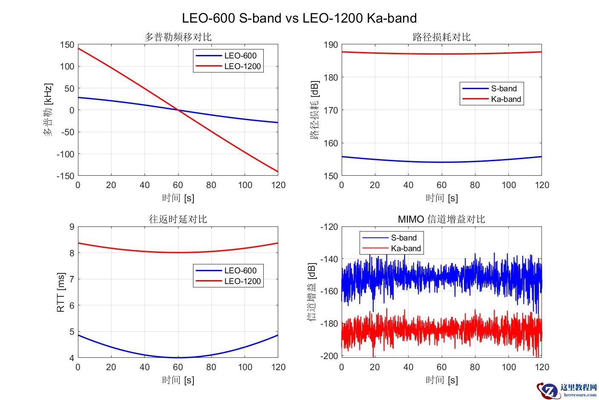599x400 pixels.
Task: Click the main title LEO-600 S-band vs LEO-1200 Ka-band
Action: point(299,18)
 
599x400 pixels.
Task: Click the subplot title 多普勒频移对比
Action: point(178,37)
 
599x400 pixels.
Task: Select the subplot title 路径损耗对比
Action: point(441,37)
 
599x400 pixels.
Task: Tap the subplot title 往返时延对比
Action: point(178,219)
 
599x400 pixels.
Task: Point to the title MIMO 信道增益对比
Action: point(441,219)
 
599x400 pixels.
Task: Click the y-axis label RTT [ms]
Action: point(60,292)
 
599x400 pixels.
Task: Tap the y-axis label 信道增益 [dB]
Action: point(312,292)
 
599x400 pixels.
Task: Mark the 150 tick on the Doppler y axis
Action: point(67,45)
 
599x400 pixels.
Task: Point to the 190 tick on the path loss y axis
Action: point(331,45)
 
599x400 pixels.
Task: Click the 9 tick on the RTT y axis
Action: point(72,227)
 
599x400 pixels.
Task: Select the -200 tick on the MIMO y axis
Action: point(329,356)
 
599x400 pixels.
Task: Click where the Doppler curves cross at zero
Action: point(178,110)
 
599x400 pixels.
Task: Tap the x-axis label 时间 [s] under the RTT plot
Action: point(178,380)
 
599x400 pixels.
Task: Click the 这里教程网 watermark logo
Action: point(567,390)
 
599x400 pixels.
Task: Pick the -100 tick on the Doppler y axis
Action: point(65,154)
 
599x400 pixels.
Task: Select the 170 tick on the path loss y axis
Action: point(331,110)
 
